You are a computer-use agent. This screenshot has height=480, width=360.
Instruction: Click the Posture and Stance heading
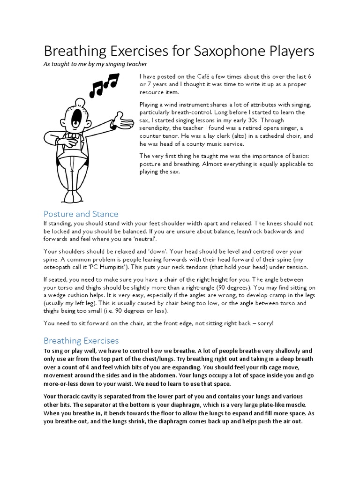[x=81, y=214]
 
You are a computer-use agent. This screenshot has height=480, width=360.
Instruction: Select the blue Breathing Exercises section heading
[x=81, y=340]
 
